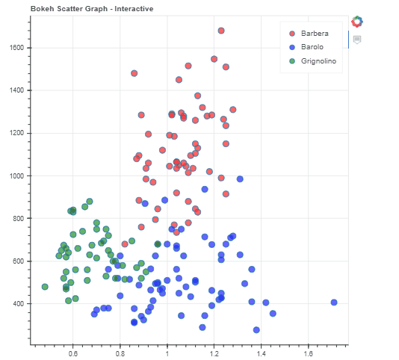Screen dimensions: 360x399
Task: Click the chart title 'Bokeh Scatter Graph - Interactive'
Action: point(81,8)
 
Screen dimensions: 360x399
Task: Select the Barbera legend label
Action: point(314,34)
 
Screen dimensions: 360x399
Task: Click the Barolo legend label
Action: point(312,47)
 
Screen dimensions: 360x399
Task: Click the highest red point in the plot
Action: point(221,31)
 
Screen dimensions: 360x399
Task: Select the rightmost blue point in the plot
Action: point(334,302)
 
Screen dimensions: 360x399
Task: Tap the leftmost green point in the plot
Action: point(45,287)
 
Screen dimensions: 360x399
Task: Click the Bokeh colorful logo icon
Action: point(357,22)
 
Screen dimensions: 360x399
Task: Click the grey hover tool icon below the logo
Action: point(357,40)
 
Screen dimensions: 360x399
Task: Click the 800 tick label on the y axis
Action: point(19,219)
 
